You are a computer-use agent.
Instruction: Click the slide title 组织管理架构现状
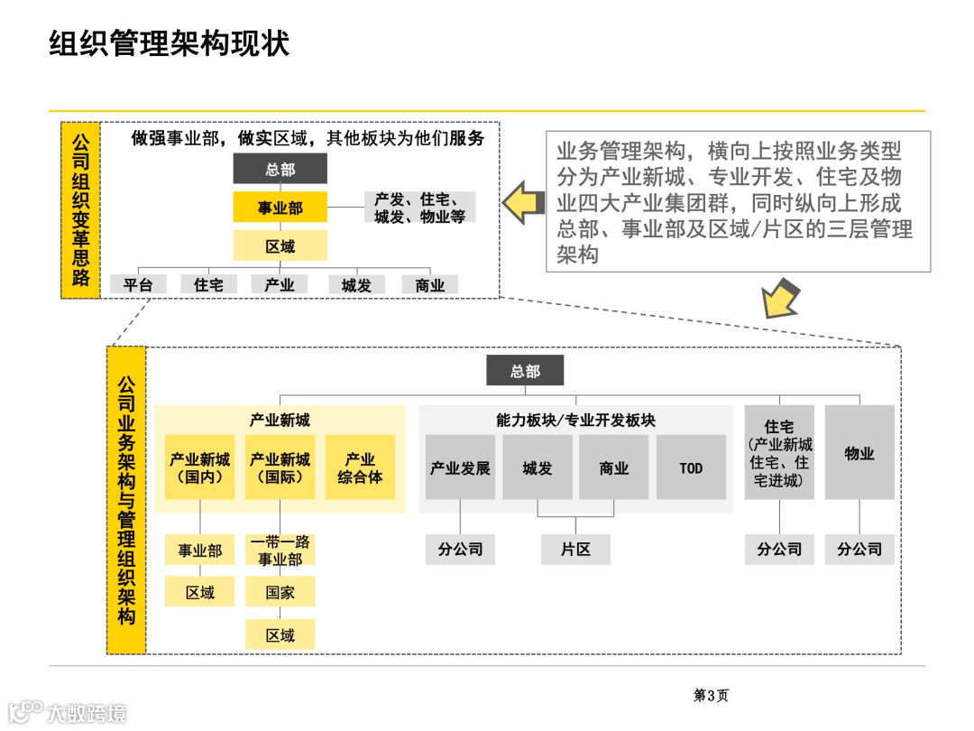click(170, 43)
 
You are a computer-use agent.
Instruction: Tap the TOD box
click(691, 467)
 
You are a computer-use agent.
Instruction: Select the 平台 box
click(138, 284)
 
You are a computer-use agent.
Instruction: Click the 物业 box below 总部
click(859, 453)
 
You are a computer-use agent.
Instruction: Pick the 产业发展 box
click(460, 467)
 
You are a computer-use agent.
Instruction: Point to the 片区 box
click(575, 549)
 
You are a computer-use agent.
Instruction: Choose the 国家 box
click(280, 593)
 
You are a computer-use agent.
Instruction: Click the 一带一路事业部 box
click(280, 550)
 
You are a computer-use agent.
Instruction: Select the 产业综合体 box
click(360, 467)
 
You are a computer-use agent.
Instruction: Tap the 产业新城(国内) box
click(200, 467)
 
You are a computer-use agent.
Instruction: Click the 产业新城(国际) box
click(280, 467)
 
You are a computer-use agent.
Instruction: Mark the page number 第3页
click(711, 695)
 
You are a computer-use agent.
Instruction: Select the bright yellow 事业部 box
click(280, 208)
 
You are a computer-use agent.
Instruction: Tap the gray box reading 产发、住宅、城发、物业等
click(420, 208)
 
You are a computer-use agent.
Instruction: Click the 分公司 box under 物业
click(859, 549)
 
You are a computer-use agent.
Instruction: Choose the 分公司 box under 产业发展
click(460, 549)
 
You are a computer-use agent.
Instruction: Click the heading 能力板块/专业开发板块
click(575, 421)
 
